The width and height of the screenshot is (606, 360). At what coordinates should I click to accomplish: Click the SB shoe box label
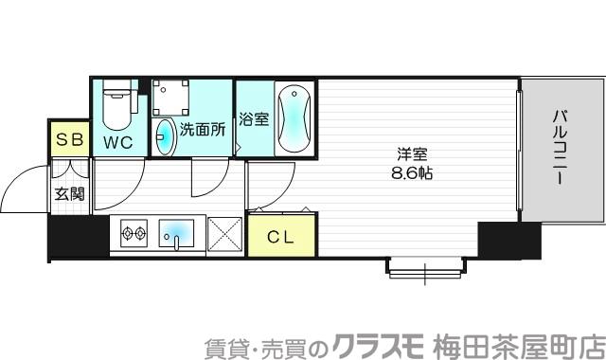click(70, 140)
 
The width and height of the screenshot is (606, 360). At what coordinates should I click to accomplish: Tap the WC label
click(118, 142)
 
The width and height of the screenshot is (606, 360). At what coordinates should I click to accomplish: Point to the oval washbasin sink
click(164, 135)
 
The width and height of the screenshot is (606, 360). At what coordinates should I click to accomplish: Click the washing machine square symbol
click(173, 98)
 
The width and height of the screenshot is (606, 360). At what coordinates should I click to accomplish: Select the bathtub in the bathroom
click(293, 119)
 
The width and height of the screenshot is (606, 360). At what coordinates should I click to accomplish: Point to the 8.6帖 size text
click(408, 173)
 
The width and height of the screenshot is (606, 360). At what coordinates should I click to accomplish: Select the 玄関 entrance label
click(68, 194)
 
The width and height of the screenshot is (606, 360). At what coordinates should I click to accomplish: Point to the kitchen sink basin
click(177, 232)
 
